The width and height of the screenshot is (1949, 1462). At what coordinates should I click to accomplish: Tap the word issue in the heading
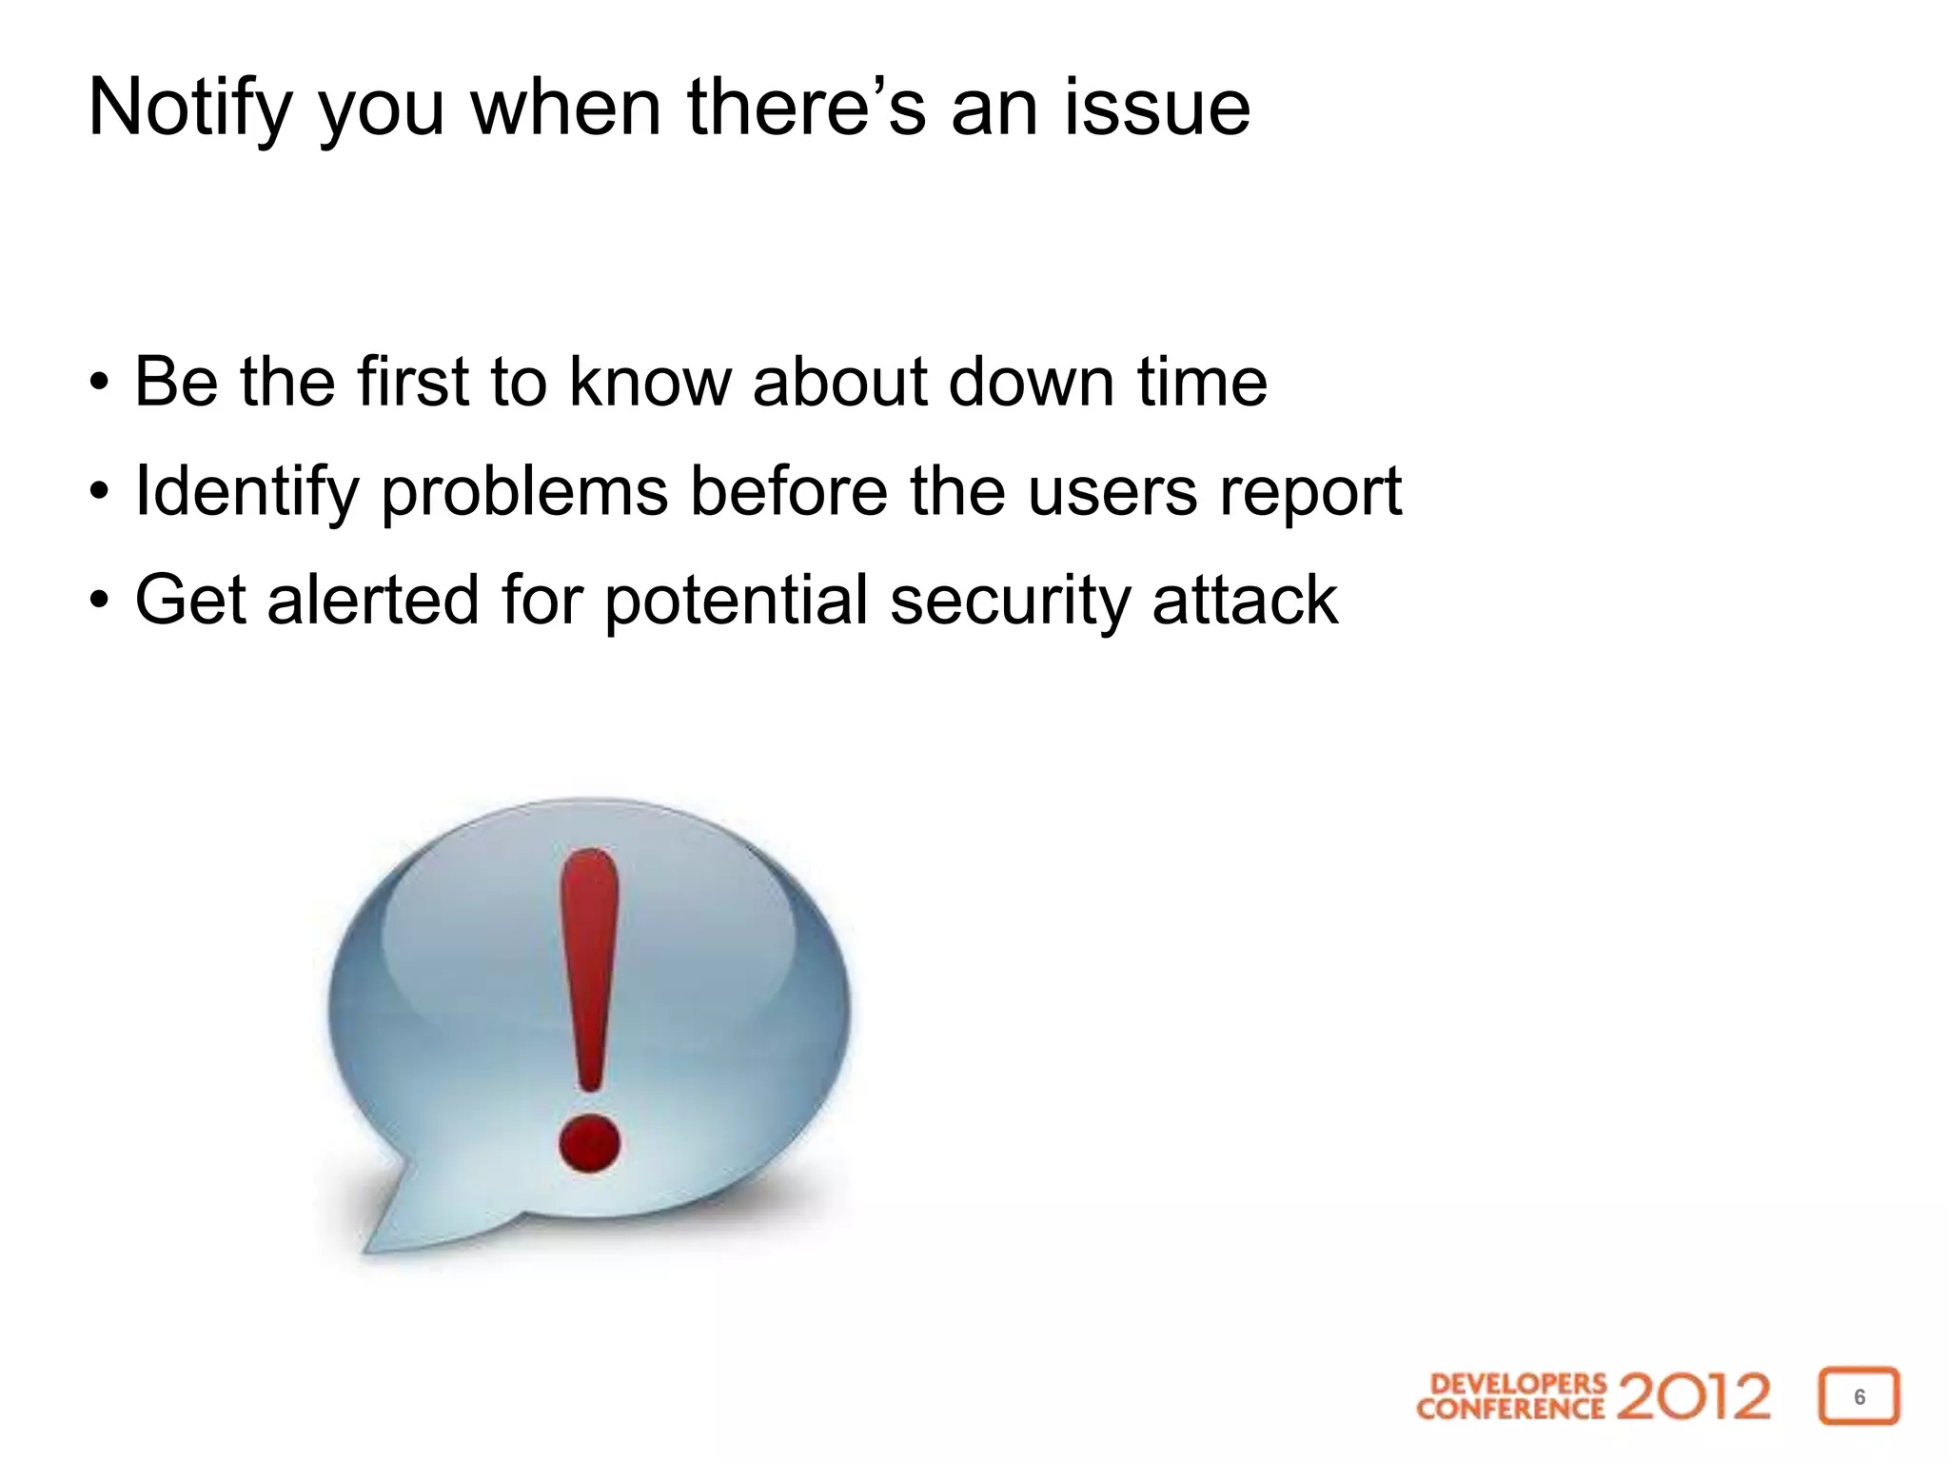pyautogui.click(x=1156, y=108)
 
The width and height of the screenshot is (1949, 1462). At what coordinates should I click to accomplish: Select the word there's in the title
pyautogui.click(x=805, y=108)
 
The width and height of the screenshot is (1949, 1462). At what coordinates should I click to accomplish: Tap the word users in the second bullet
pyautogui.click(x=1112, y=492)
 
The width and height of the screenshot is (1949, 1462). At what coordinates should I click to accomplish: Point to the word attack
pyautogui.click(x=1245, y=601)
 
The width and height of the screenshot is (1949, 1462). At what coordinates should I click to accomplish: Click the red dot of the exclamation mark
pyautogui.click(x=589, y=1143)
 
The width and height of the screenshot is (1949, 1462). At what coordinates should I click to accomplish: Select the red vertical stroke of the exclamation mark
pyautogui.click(x=589, y=961)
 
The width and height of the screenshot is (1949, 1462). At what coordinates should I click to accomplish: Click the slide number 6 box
pyautogui.click(x=1859, y=1396)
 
